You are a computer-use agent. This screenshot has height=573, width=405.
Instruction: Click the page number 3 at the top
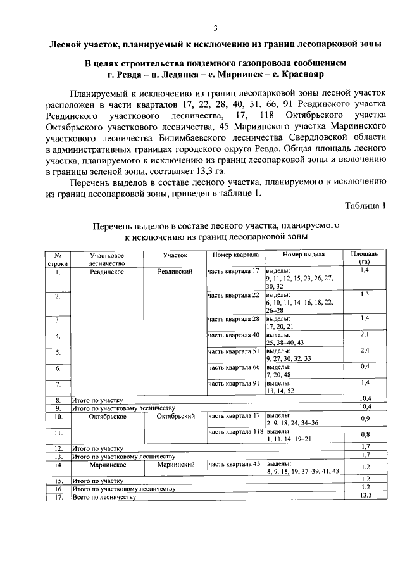pos(215,28)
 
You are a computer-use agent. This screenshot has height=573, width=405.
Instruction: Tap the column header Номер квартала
pos(234,255)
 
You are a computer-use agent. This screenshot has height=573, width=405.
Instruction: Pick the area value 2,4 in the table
pos(364,351)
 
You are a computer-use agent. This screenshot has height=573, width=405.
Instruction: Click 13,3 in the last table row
pos(364,496)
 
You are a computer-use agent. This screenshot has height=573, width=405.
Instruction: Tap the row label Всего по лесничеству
pos(104,497)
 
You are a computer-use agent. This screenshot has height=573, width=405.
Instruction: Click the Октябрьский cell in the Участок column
pos(175,416)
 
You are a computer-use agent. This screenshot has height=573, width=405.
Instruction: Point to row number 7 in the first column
pos(58,384)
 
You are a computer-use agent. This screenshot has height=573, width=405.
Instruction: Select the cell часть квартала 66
pos(234,367)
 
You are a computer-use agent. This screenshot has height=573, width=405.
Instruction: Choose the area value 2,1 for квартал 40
pos(364,334)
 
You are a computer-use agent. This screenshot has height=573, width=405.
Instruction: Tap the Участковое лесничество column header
pos(106,258)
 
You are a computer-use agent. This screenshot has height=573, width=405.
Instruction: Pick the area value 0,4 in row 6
pos(364,367)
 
